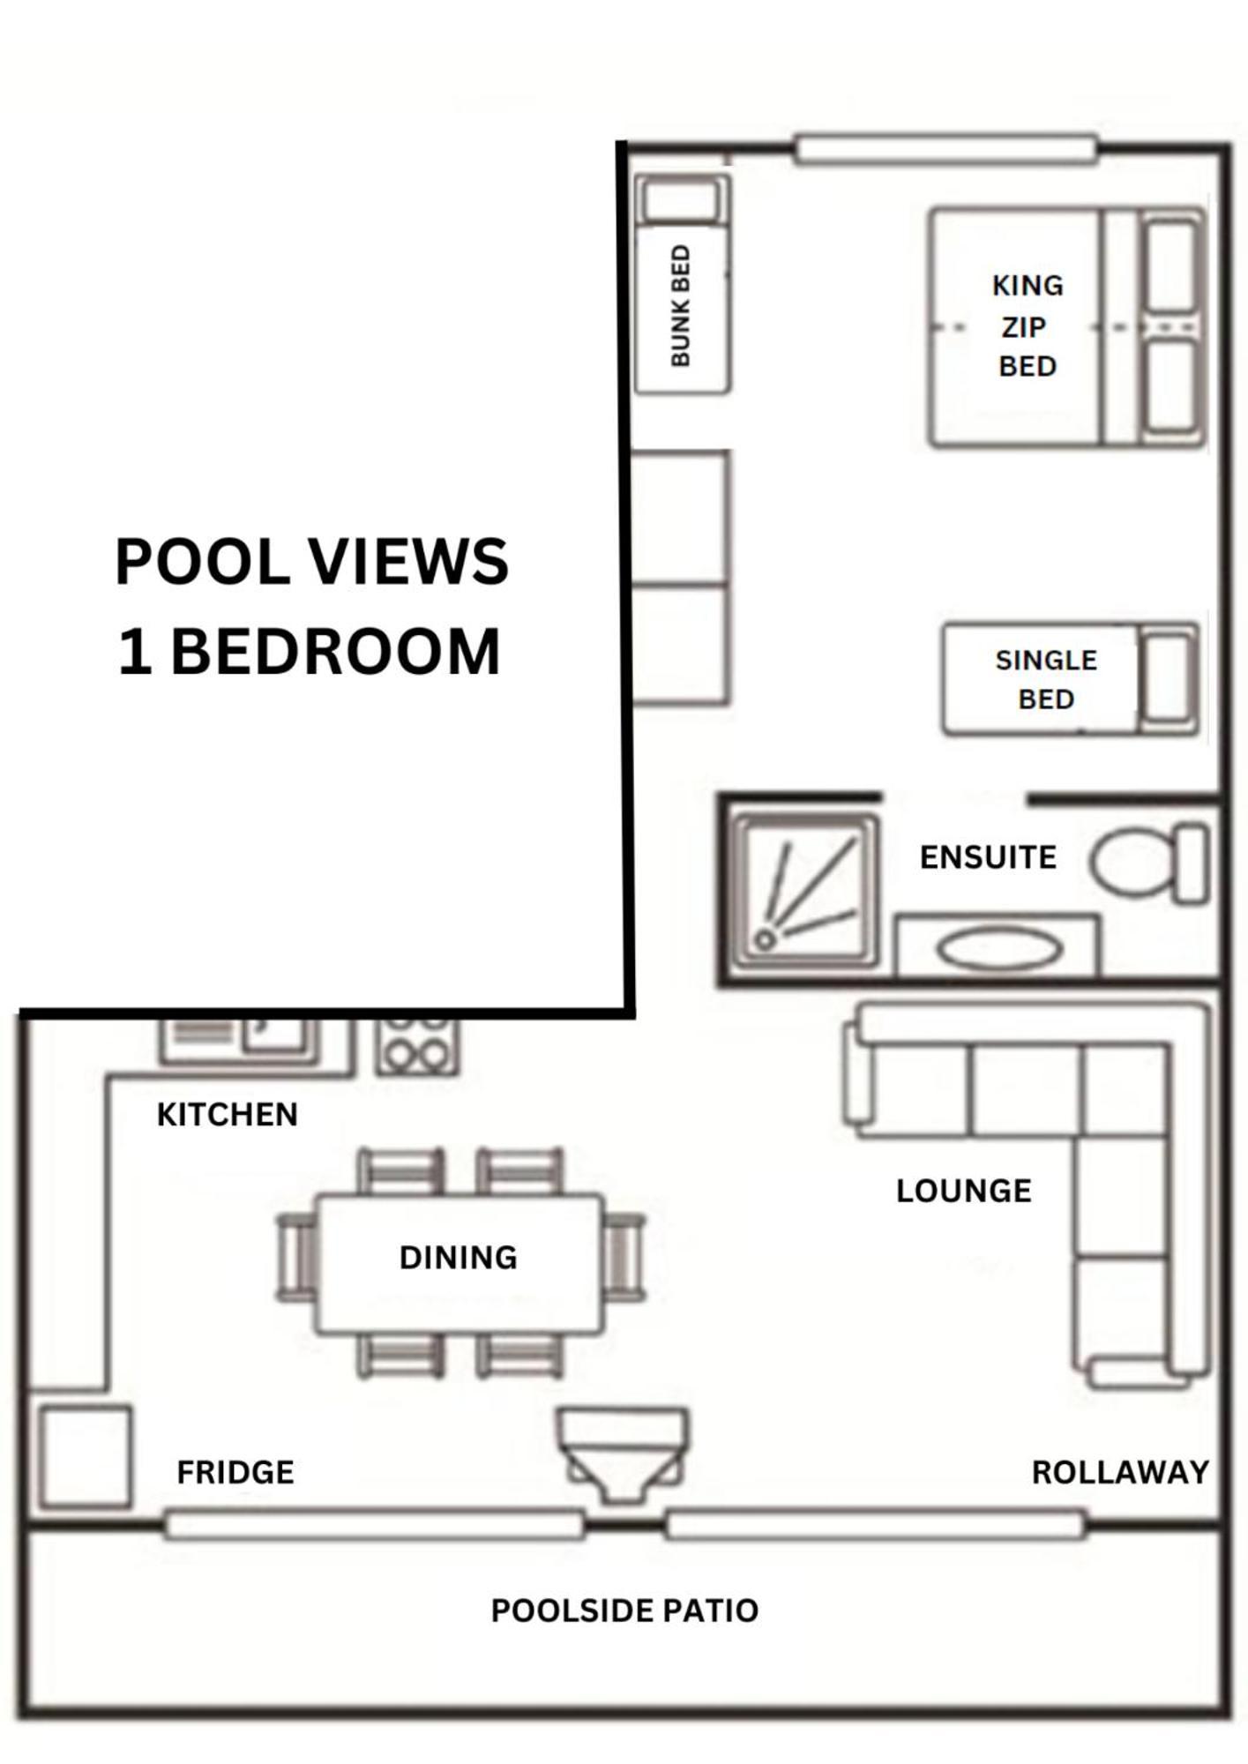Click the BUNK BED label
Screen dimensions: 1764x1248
[680, 306]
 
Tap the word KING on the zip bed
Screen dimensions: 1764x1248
[1028, 286]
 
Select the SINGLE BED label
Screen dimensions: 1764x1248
[1046, 679]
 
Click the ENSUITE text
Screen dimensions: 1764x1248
[988, 857]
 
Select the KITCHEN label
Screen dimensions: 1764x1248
[228, 1115]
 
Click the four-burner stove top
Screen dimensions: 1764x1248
[417, 1047]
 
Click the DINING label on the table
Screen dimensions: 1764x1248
[458, 1258]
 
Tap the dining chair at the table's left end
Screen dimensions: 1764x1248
[297, 1258]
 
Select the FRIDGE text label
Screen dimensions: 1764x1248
[235, 1472]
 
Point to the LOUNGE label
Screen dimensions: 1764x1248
[963, 1191]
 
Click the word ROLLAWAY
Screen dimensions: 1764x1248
[1120, 1472]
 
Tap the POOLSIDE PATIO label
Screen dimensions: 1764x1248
[624, 1611]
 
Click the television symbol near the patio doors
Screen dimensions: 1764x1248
[623, 1454]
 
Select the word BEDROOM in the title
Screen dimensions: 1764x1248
[335, 652]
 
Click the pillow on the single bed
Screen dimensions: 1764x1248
[1170, 679]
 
